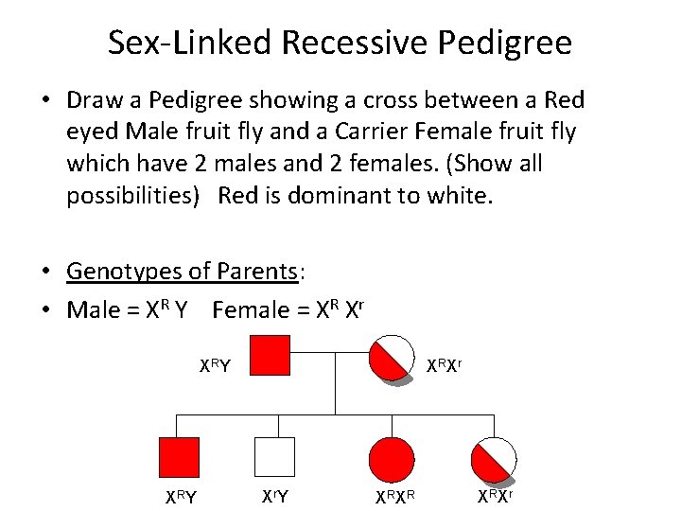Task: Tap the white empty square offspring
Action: point(275,457)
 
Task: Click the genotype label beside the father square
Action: point(215,365)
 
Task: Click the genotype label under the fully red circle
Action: point(393,496)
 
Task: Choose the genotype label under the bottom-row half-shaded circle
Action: point(495,496)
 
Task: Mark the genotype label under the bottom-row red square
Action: point(181,496)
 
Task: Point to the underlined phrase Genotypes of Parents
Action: point(182,272)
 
